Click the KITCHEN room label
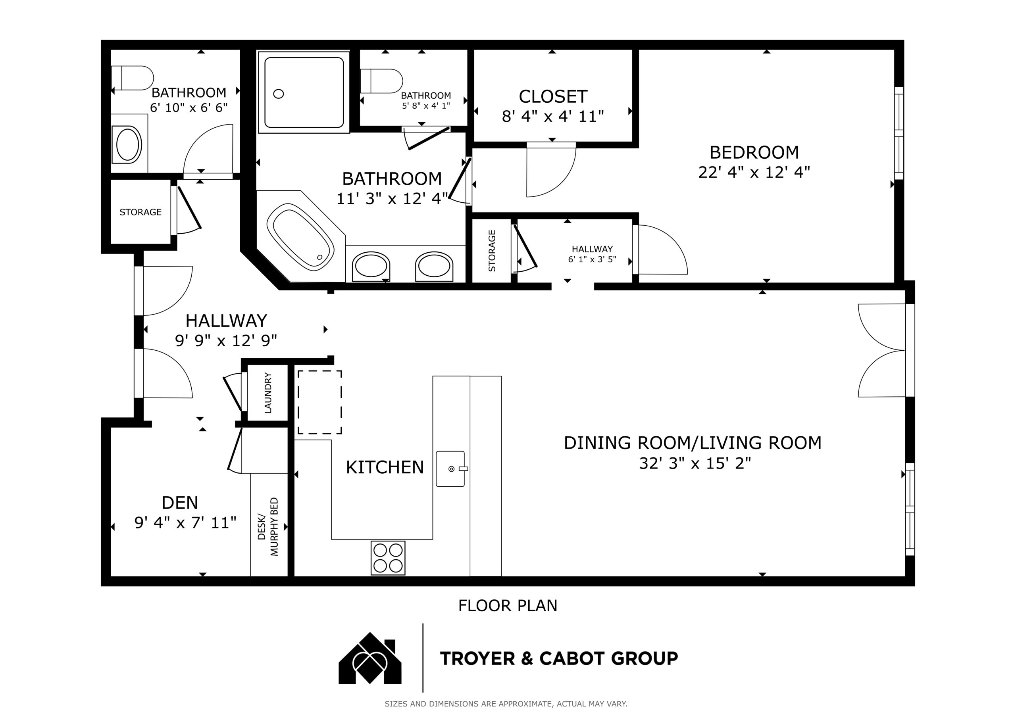point(385,467)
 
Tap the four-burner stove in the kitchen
point(388,558)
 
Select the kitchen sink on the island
point(450,469)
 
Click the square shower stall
point(304,92)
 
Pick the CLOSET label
point(553,96)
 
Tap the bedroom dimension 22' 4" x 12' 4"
point(754,172)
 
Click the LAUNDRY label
point(268,393)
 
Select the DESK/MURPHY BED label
point(268,526)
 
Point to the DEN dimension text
point(185,522)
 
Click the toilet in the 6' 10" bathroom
point(132,78)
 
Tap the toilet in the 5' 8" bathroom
point(381,81)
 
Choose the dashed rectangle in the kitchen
point(319,402)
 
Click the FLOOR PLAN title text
point(508,606)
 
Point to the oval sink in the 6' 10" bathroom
point(128,145)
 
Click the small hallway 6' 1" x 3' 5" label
point(592,254)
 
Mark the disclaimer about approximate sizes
point(506,704)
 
